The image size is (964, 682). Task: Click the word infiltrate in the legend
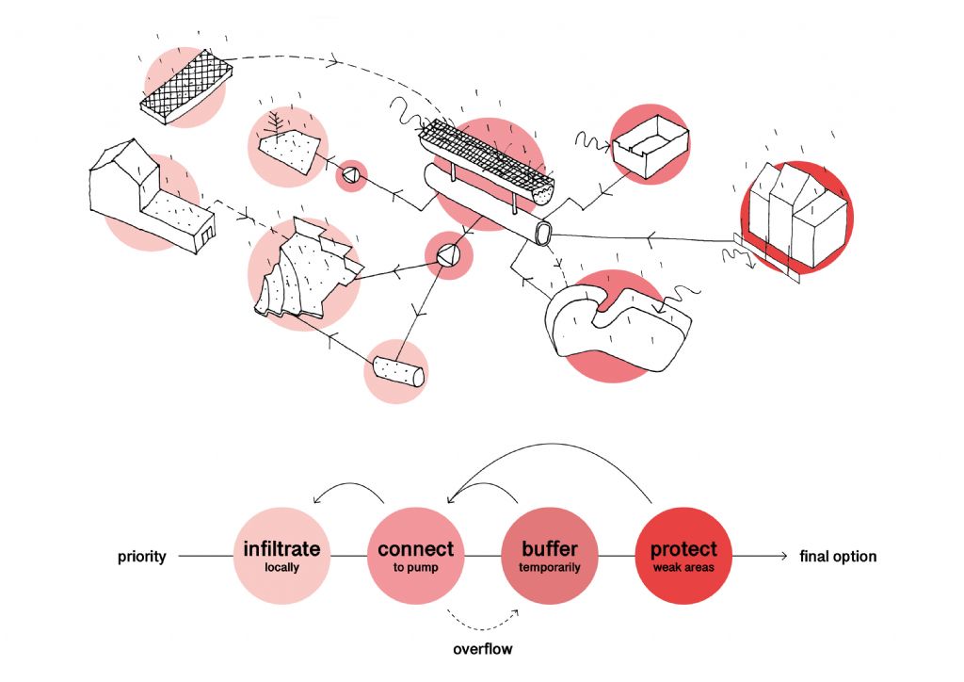pos(282,548)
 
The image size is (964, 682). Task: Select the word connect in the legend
pos(415,548)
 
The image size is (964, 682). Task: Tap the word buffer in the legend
pos(550,548)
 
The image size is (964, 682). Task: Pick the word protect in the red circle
pos(683,548)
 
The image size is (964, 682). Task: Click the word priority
pos(142,557)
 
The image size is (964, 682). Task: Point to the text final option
pos(838,557)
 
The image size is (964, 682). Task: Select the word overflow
pos(483,649)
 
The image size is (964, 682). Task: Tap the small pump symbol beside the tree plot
pos(351,174)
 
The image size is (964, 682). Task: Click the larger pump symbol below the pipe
pos(447,254)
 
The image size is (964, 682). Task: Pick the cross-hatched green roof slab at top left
pos(185,86)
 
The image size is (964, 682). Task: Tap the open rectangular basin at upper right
pos(650,154)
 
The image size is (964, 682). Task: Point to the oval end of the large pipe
pos(542,234)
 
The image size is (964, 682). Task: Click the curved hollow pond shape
pos(617,321)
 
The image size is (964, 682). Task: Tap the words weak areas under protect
pos(683,568)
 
